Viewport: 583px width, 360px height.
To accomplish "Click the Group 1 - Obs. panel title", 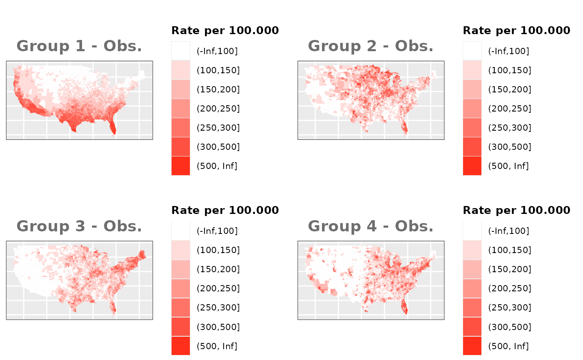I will pos(79,46).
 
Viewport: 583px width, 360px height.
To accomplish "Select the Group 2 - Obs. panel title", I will pos(371,46).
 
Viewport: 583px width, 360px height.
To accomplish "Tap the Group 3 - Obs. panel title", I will pos(79,226).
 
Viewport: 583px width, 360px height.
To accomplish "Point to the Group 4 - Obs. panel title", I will pos(371,226).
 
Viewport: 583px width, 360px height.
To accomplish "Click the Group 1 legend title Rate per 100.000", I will pos(225,30).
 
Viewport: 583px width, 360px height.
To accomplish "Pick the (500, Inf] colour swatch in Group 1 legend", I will pos(181,166).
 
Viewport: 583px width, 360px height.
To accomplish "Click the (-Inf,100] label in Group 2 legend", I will pos(508,51).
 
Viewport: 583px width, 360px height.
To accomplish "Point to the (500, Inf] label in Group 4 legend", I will pos(508,346).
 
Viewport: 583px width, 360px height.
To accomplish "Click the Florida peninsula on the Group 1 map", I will pos(113,127).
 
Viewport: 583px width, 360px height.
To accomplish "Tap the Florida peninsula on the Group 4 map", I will pos(404,308).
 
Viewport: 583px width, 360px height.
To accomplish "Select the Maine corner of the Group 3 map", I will pos(143,254).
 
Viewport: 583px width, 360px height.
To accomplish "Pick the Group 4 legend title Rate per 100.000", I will pos(516,210).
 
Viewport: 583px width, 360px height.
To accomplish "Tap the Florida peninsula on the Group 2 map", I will pos(404,127).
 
